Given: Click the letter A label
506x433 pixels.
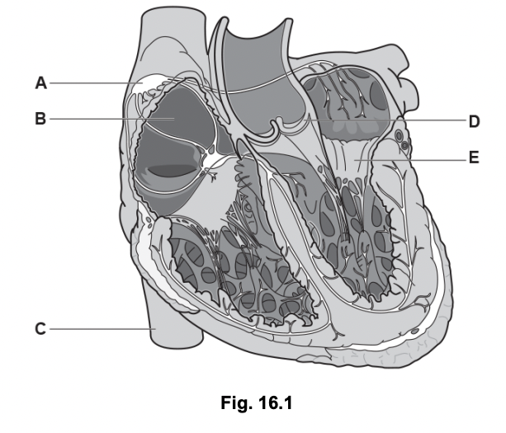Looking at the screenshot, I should [40, 82].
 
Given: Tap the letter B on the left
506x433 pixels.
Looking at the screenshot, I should [40, 119].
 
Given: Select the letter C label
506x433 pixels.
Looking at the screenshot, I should [40, 329].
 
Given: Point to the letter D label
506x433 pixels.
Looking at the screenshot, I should [474, 122].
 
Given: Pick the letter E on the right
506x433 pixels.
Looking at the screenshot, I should [474, 158].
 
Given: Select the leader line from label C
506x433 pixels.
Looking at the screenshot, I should [99, 329].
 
